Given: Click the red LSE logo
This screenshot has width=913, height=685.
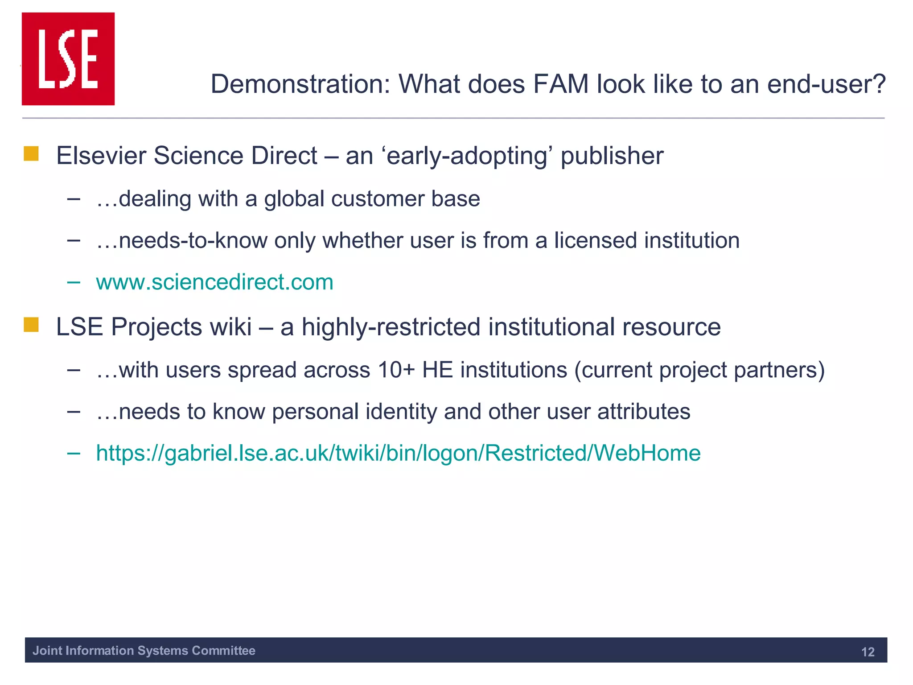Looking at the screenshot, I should click(68, 59).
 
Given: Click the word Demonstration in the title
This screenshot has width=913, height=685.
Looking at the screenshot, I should click(300, 84).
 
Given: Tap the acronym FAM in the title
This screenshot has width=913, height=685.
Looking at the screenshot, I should click(561, 84).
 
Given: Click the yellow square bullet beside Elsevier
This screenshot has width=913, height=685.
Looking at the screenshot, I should click(31, 154).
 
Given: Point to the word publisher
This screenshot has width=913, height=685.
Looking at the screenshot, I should click(612, 156).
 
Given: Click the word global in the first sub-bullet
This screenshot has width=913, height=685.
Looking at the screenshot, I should click(294, 198).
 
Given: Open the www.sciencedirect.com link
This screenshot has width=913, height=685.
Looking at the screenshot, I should click(214, 282).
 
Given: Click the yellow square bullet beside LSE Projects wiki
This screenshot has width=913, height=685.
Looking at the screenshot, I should click(31, 325).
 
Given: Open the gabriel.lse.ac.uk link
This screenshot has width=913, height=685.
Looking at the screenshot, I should click(398, 453).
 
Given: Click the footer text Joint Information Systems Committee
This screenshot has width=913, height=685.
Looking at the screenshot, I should click(144, 651).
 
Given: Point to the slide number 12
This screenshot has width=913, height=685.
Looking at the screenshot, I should click(868, 652).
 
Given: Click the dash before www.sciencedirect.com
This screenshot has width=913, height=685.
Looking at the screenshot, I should click(74, 282).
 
